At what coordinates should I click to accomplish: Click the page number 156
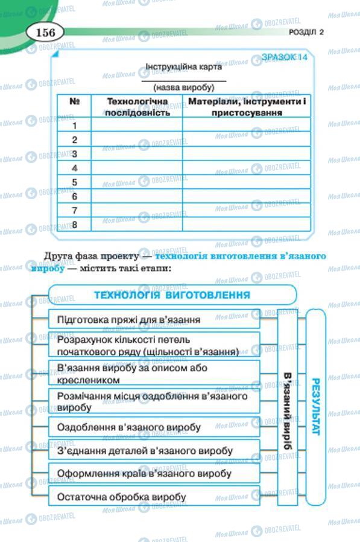pos(45,32)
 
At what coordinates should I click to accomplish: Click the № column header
pos(75,101)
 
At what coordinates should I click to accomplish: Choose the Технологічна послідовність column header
pos(137,106)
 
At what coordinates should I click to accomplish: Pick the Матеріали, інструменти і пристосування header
pos(247,106)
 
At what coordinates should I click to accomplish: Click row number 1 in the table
pos(75,126)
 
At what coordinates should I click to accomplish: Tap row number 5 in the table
pos(75,182)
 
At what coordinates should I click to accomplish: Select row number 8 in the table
pos(75,225)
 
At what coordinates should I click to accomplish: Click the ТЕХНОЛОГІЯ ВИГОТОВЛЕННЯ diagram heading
pos(172,295)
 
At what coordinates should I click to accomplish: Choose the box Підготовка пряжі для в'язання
pos(154,319)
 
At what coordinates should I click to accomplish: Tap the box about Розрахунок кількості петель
pos(154,344)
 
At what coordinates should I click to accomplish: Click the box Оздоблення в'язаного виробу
pos(154,427)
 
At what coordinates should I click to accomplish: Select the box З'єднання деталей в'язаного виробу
pos(154,450)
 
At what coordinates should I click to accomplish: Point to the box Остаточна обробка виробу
pos(154,497)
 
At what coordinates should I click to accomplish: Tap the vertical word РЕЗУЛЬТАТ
pos(316,407)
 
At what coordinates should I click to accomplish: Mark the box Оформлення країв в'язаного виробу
pos(154,474)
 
